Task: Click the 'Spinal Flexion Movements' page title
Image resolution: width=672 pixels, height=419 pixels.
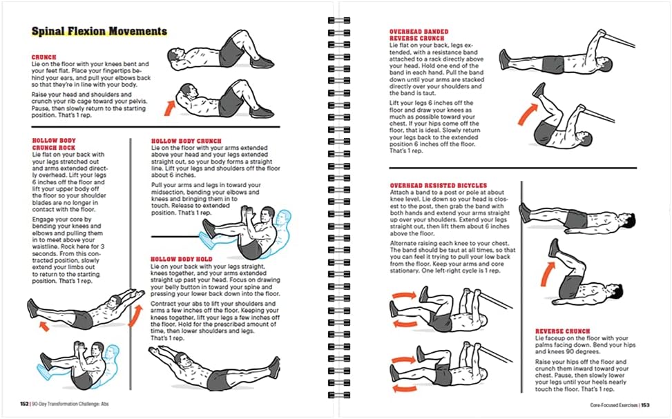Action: click(x=99, y=31)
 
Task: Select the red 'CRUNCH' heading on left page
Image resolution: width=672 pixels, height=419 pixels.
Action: click(x=44, y=58)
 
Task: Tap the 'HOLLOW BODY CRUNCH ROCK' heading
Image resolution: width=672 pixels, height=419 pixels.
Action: click(x=55, y=144)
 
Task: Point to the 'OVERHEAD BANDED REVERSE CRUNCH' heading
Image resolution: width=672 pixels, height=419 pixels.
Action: click(x=419, y=35)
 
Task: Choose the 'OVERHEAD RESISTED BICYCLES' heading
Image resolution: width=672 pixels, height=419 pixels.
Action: click(x=438, y=186)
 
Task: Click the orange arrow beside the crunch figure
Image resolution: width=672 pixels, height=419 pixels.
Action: click(x=168, y=106)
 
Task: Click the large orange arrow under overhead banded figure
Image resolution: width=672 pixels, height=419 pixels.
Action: click(x=525, y=114)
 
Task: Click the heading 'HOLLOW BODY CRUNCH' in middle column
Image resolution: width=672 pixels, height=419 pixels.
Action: click(x=186, y=141)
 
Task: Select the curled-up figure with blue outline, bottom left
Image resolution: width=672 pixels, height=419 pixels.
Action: click(x=76, y=369)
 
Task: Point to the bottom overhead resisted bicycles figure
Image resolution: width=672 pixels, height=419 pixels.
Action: click(x=435, y=369)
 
